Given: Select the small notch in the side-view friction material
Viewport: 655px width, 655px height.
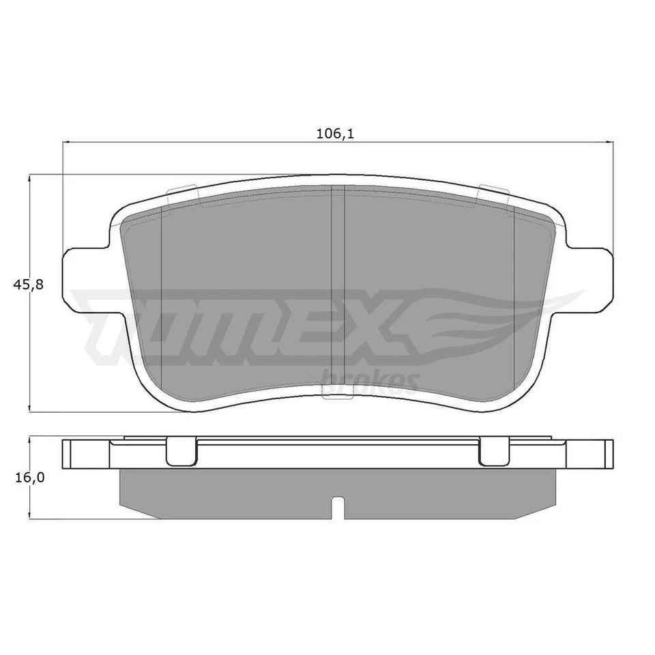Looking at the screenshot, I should pos(338,507).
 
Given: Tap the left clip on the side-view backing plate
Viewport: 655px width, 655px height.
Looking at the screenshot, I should pos(181,452).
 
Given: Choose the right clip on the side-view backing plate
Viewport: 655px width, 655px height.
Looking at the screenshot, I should pos(494,452).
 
